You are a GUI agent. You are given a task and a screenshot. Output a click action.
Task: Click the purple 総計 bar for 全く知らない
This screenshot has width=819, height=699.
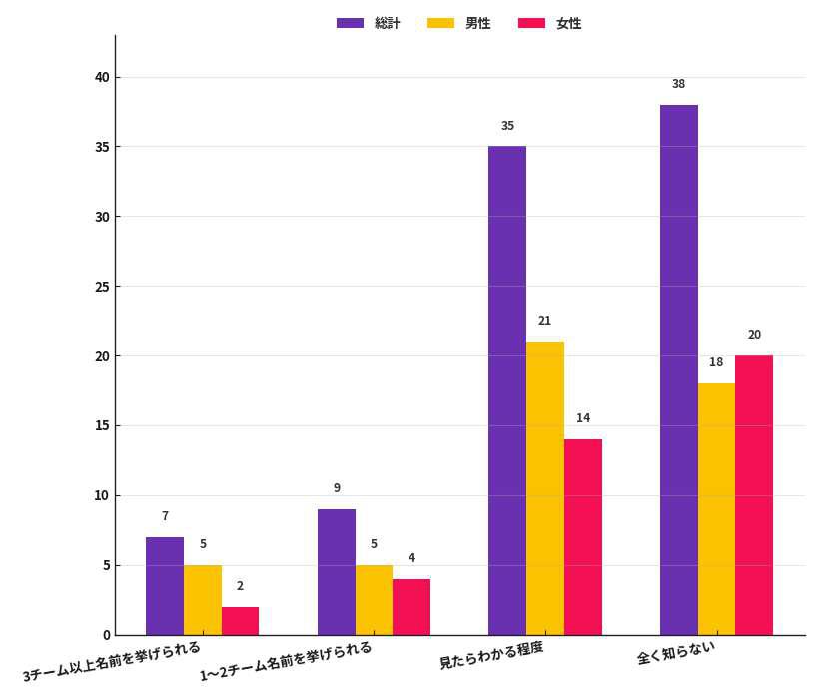[x=679, y=369]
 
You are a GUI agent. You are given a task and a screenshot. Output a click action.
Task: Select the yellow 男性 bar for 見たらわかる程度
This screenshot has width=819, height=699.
[x=545, y=488]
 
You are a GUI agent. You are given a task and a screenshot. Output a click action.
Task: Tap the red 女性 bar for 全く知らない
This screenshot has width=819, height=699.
[x=754, y=495]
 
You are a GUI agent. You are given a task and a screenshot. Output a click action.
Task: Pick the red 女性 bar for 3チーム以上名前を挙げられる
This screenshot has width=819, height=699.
[x=240, y=621]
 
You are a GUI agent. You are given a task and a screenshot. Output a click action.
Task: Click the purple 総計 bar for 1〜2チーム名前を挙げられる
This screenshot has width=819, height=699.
[x=337, y=572]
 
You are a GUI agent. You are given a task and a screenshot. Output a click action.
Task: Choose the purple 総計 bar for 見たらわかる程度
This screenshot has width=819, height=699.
[x=507, y=390]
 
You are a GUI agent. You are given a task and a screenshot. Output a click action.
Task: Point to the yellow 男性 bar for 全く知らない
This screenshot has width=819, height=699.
[x=716, y=509]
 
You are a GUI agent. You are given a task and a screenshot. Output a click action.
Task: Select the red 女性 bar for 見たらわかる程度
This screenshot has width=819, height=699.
[x=583, y=537]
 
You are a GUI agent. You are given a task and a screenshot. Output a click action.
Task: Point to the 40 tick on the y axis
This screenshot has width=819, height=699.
[x=102, y=77]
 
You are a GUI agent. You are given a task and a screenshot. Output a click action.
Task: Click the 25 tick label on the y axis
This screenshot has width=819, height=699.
[x=102, y=287]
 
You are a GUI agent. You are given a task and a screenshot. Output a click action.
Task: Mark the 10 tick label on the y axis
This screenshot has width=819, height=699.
[x=102, y=495]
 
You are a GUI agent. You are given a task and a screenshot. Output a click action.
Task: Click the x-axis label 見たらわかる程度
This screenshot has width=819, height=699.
[x=491, y=655]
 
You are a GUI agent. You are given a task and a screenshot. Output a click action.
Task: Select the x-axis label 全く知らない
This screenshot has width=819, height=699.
[x=676, y=652]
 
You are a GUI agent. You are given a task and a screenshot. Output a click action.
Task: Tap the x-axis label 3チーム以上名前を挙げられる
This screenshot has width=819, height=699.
[x=112, y=661]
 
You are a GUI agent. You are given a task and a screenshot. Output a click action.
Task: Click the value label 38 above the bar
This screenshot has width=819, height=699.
[x=678, y=84]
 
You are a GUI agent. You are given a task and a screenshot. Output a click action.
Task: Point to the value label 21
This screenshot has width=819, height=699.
[x=544, y=321]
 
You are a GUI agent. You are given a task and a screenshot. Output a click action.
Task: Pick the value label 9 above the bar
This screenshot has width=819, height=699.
[x=337, y=488]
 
